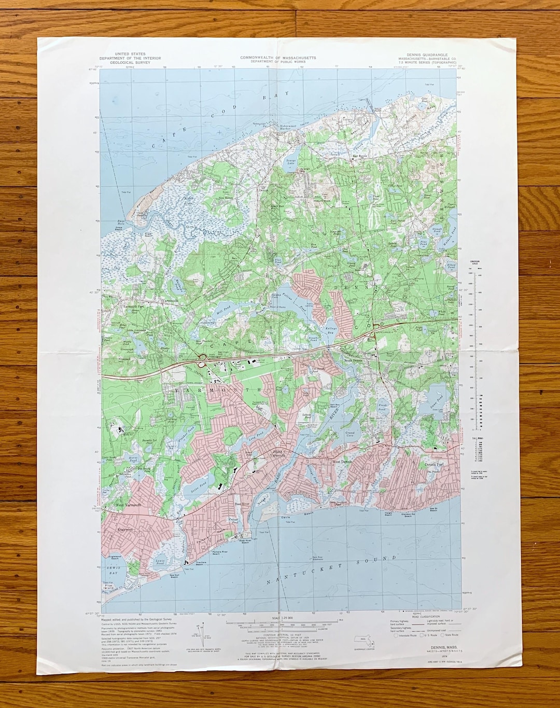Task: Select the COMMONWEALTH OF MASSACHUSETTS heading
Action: (278, 58)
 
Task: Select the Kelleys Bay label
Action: (331, 330)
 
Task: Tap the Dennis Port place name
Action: (434, 464)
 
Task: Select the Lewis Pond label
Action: (160, 562)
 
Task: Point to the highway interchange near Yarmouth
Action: (206, 358)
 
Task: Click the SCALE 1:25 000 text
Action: (282, 618)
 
